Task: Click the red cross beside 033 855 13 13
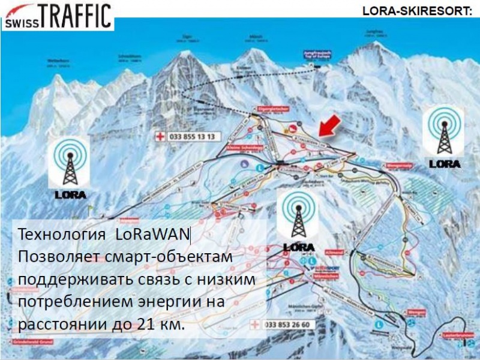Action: click(x=160, y=137)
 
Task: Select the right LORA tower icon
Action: click(x=445, y=131)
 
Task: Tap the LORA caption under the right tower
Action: click(x=445, y=163)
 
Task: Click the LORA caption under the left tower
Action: click(x=70, y=194)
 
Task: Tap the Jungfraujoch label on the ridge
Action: click(x=316, y=55)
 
